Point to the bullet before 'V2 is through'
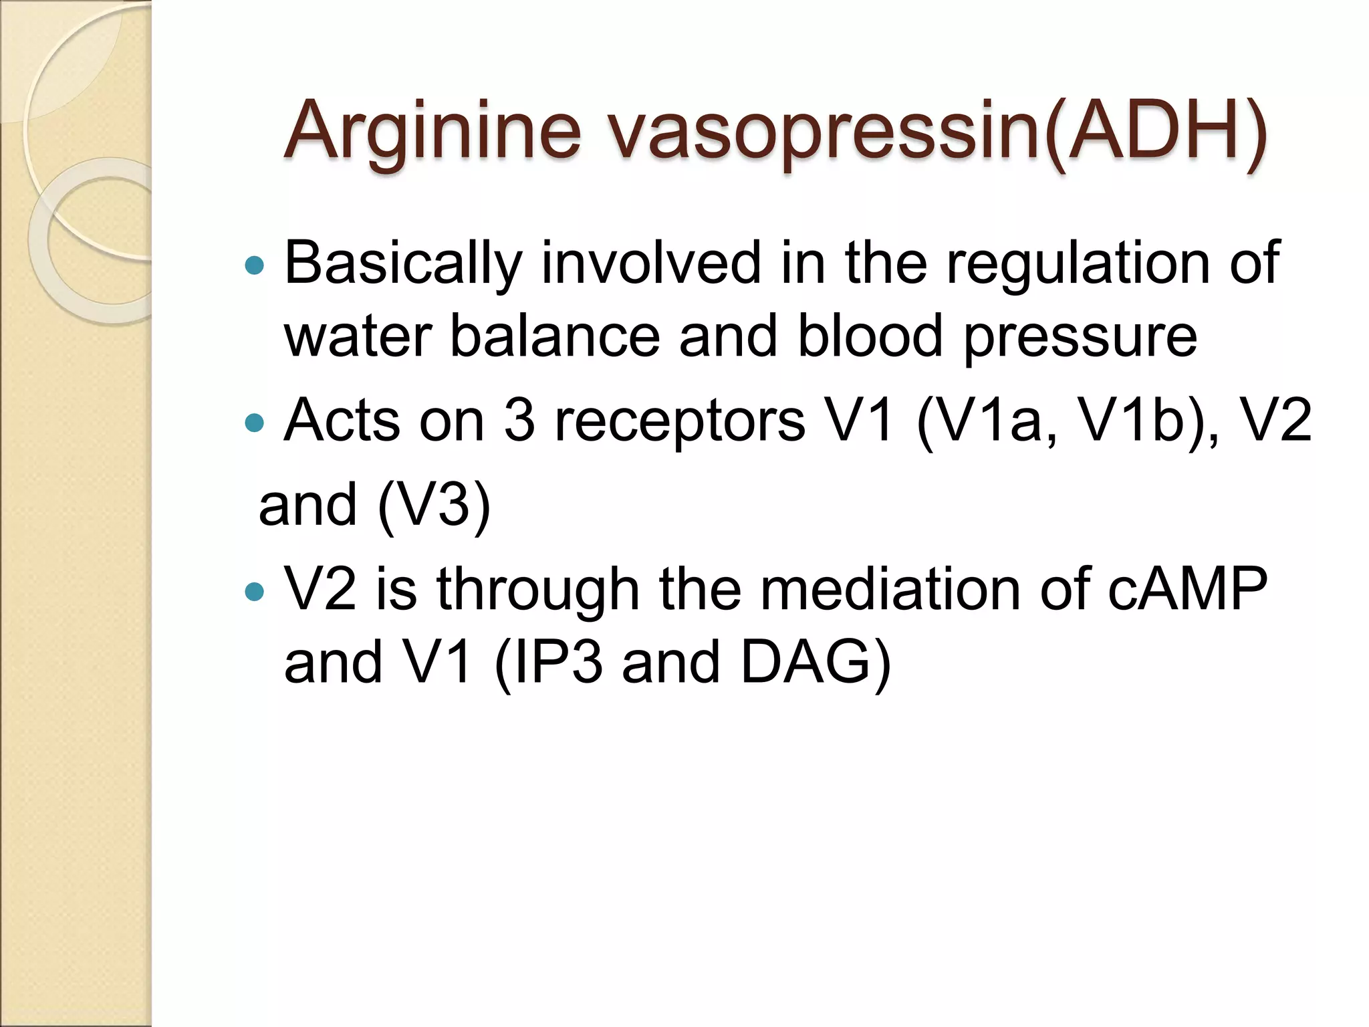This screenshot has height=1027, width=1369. click(x=255, y=591)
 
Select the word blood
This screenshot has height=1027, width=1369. click(x=870, y=336)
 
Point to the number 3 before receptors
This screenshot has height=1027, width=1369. click(x=519, y=421)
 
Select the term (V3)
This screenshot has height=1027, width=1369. click(x=434, y=505)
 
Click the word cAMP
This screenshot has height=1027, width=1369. click(x=1187, y=589)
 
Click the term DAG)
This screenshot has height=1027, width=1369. click(x=816, y=662)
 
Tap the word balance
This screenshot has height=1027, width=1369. click(x=555, y=336)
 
